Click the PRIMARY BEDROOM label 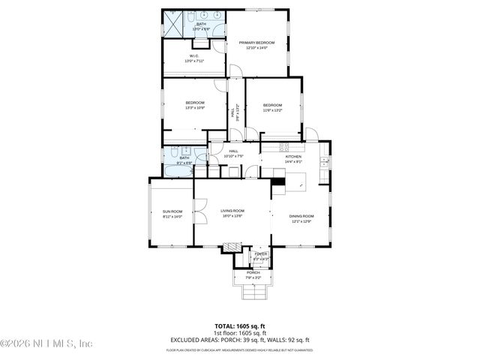[256, 43]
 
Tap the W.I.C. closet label [193, 55]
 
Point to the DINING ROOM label [301, 216]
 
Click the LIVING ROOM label [232, 211]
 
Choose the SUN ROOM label [172, 212]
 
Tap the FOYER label [260, 254]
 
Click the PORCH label [253, 272]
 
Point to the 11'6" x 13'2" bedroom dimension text [272, 109]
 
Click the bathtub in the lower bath [178, 170]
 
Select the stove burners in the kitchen [285, 144]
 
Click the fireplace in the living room [233, 246]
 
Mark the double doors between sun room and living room [199, 212]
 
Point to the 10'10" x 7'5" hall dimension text [233, 157]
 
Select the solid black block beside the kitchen [278, 181]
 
